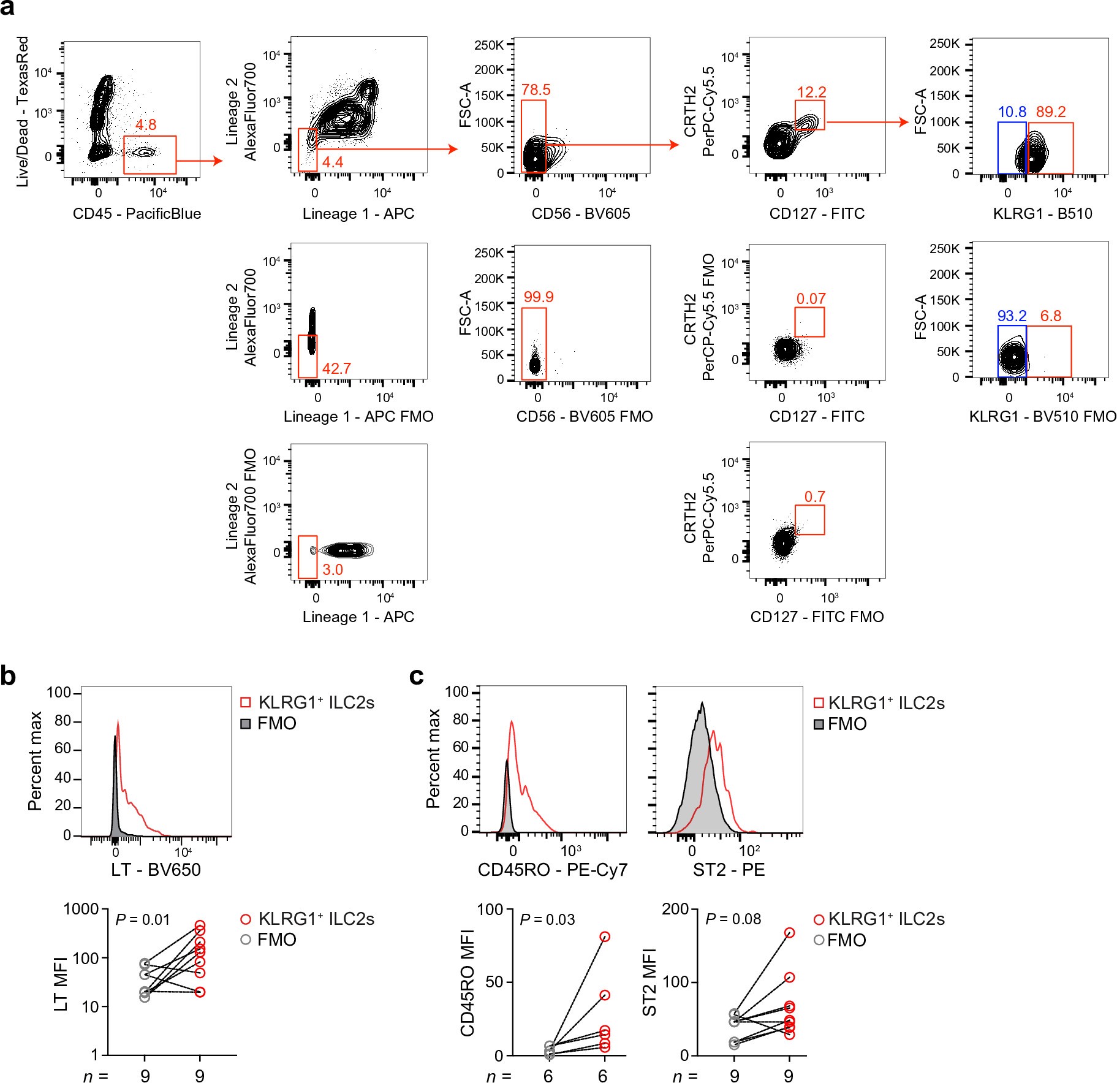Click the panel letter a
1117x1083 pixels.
coord(9,8)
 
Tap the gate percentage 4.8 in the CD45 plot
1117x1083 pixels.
coord(146,125)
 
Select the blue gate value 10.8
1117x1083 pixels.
coord(1012,112)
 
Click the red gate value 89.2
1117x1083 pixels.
coord(1051,112)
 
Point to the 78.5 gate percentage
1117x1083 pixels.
coord(536,90)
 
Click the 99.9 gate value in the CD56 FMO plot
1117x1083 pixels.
coord(538,297)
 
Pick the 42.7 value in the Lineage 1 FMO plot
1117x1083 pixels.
coord(336,368)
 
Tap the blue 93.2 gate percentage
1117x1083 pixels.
coord(1012,316)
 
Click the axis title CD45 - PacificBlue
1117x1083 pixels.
coord(137,214)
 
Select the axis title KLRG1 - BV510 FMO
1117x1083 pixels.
coord(1042,417)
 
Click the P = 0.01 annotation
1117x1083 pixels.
coord(142,919)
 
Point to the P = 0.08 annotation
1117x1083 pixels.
coord(733,919)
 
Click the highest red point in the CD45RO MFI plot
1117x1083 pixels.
coord(604,937)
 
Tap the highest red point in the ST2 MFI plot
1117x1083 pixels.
coord(789,932)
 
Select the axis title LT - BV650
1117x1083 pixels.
coord(156,870)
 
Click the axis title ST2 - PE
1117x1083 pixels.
coord(729,870)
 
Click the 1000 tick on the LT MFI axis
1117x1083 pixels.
coord(81,909)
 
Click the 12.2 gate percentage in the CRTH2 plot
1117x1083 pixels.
coord(811,93)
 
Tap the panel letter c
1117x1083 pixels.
coord(416,676)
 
